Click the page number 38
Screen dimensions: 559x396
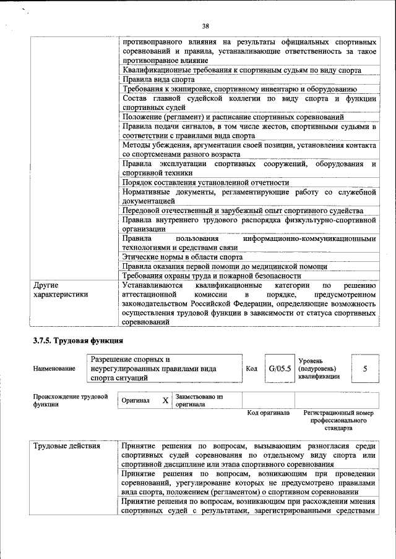[x=205, y=25]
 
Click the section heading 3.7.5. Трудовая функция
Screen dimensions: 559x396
[x=78, y=340]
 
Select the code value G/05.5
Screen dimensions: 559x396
[x=280, y=369]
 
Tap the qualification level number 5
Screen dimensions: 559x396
[x=365, y=369]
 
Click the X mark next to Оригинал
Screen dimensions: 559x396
[x=165, y=400]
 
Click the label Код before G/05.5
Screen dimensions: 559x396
[x=251, y=369]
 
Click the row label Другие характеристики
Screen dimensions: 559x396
[x=60, y=290]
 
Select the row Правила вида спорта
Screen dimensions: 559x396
[x=158, y=80]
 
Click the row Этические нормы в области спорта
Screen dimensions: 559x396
[x=182, y=257]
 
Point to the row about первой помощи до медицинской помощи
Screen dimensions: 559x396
[x=224, y=267]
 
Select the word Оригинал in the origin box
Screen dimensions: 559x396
[x=136, y=400]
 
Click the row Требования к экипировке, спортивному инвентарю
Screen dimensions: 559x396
[x=239, y=89]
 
